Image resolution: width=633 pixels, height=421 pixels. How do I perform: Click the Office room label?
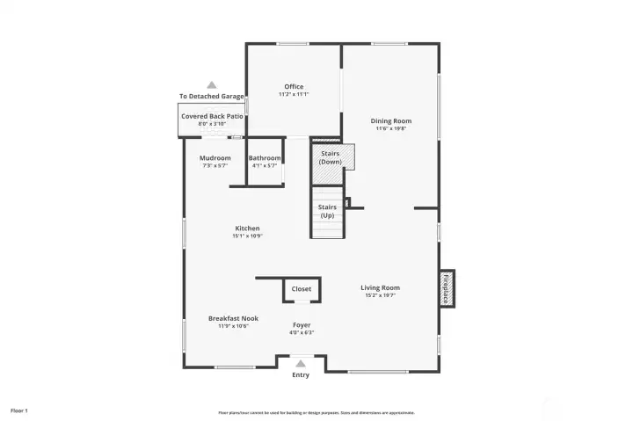(294, 87)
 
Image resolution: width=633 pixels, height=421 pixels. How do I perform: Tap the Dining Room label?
(390, 121)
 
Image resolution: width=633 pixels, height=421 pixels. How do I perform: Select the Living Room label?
(380, 287)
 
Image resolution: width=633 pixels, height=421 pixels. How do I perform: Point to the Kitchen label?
(247, 229)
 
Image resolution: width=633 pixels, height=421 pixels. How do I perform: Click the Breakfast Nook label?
(233, 318)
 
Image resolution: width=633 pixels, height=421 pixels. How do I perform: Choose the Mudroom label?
(215, 158)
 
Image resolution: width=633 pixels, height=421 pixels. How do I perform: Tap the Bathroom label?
(265, 158)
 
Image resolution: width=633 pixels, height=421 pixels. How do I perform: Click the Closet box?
(302, 289)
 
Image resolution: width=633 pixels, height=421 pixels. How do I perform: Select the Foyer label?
(302, 325)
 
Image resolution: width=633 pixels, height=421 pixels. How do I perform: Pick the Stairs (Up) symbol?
(326, 212)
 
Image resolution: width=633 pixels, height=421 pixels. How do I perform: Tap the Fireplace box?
(446, 289)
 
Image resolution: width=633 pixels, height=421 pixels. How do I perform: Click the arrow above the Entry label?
(301, 363)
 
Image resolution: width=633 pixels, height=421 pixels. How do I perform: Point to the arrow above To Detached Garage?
(211, 84)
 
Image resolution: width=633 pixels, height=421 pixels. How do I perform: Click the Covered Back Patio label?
(212, 116)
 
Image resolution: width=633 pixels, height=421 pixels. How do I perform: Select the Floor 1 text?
(19, 410)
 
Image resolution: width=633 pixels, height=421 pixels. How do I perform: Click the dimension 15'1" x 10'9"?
(247, 236)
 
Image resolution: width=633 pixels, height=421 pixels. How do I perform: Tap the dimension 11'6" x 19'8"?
(390, 128)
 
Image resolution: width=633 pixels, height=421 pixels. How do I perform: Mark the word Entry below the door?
(301, 374)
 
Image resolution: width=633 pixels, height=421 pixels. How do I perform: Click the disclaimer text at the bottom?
(316, 412)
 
